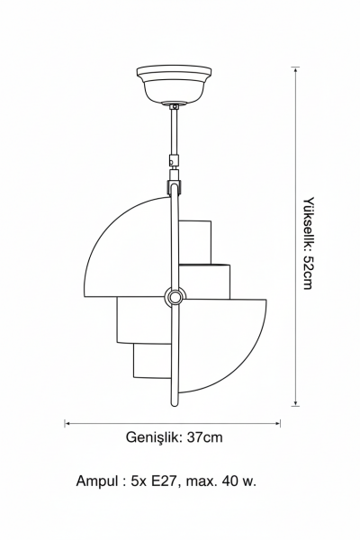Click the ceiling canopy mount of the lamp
click(x=174, y=85)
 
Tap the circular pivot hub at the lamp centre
click(x=175, y=296)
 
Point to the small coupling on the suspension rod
click(x=175, y=160)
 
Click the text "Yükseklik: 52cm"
click(x=309, y=243)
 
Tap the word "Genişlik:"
click(x=154, y=437)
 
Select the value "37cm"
click(x=205, y=437)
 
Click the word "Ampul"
click(x=97, y=481)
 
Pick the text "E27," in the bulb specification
click(x=166, y=481)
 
